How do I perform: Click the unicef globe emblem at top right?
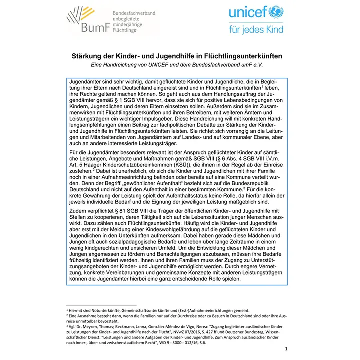coord(275,12)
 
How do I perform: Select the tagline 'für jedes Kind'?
coord(255,29)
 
